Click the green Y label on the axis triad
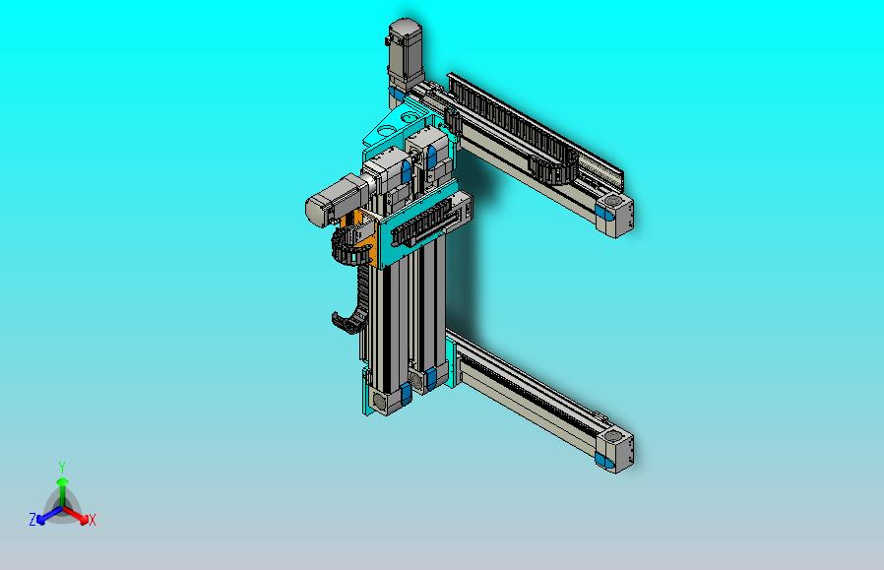62,467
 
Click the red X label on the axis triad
92,520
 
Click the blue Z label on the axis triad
32,519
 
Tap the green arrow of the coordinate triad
62,487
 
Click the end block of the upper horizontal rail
617,215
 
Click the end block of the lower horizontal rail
615,449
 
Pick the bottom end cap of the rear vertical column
431,379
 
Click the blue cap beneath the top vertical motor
395,96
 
